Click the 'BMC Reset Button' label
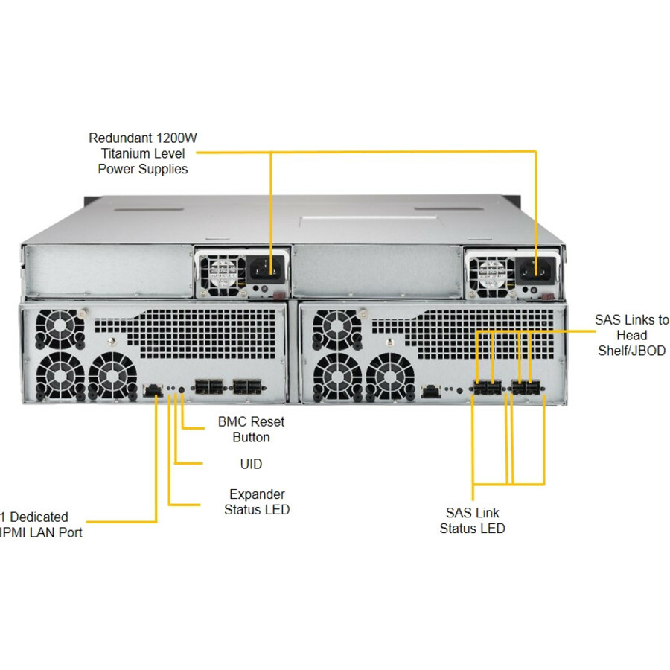click(x=251, y=430)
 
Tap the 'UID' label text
click(x=251, y=464)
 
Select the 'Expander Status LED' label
click(x=257, y=502)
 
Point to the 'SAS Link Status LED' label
click(x=472, y=520)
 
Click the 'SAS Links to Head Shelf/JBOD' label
click(x=631, y=335)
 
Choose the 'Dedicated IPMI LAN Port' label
click(x=41, y=524)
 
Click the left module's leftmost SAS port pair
click(x=209, y=387)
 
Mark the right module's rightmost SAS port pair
click(x=527, y=388)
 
